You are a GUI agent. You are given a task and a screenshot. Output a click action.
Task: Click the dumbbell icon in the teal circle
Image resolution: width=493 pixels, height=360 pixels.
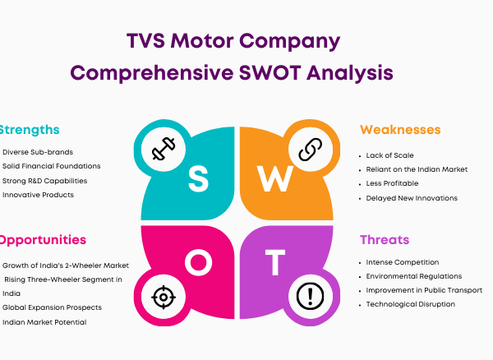pos(164,149)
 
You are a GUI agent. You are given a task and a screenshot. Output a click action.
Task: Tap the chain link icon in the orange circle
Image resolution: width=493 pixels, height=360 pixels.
pos(311,150)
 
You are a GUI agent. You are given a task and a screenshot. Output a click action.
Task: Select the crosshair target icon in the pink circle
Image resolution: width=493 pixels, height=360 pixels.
pos(164,297)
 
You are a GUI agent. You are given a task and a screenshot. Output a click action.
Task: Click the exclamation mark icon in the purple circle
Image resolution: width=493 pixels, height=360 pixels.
pos(311,296)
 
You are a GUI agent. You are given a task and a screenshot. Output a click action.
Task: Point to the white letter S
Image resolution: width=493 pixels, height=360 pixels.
pos(198,179)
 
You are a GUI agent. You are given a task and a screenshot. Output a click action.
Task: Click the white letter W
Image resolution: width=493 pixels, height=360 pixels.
pos(275,178)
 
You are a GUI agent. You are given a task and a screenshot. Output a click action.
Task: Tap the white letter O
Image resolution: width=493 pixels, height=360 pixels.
pos(198,262)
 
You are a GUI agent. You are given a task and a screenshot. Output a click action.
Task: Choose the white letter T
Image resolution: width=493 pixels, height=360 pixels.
pos(275,262)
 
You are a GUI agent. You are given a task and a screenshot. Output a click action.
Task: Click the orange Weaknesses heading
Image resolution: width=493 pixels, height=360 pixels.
pos(400,130)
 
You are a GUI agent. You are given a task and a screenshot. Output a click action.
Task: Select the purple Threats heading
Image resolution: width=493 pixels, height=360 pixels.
pos(385,240)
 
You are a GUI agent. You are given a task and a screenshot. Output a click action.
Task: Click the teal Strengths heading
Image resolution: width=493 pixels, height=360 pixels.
pos(30,130)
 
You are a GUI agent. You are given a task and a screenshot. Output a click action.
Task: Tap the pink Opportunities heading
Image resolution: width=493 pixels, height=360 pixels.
pos(43,240)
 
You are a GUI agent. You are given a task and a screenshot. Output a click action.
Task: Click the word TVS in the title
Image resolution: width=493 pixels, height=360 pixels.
pos(145,41)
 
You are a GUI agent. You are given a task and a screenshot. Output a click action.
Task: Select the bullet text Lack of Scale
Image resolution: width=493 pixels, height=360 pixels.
pos(389,155)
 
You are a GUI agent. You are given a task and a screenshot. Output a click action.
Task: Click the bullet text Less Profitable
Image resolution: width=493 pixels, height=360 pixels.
pos(392,183)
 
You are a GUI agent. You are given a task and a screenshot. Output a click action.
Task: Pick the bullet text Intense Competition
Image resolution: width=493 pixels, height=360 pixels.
pos(403,262)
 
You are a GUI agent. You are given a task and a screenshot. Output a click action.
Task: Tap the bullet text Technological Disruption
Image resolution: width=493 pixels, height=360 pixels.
pos(411,304)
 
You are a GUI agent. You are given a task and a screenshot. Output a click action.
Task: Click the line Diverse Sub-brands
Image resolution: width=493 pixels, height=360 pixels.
pos(38,152)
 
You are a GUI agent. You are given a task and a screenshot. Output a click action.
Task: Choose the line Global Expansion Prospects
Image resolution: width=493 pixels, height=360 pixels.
pos(53,307)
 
